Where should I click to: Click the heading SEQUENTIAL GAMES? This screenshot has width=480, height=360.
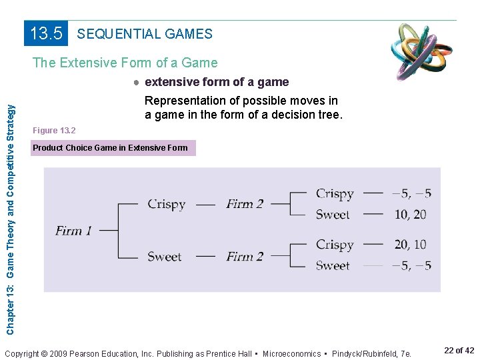click(145, 34)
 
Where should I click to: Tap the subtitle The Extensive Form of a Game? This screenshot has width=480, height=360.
click(125, 63)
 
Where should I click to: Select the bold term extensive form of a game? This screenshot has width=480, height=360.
click(217, 82)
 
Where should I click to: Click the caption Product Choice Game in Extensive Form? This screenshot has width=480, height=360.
click(111, 147)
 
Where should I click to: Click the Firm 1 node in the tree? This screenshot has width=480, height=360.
click(73, 231)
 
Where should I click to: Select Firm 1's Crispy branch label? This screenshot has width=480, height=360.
click(166, 204)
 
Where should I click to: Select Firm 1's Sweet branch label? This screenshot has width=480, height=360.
click(164, 256)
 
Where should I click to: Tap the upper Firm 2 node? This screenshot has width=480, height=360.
click(245, 204)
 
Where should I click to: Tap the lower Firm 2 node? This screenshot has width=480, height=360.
click(245, 256)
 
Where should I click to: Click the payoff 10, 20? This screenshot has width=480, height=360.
click(410, 214)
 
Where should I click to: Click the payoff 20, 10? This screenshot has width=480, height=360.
click(410, 245)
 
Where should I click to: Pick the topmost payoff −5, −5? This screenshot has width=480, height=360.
click(411, 194)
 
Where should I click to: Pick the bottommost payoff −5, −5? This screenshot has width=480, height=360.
click(411, 265)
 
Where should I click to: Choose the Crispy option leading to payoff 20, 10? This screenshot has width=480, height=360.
click(335, 245)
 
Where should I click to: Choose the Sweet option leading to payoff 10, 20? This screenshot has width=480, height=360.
click(333, 214)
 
